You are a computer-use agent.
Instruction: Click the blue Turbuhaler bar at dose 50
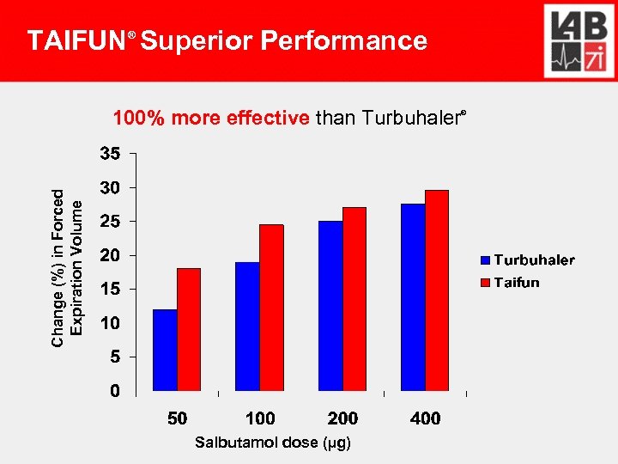point(165,350)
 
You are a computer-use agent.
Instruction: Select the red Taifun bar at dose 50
point(189,330)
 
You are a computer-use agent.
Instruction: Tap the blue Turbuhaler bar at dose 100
point(247,327)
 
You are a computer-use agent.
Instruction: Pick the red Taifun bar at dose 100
point(271,308)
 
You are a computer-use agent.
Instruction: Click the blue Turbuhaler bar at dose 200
point(330,306)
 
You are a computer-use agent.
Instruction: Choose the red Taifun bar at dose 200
point(354,299)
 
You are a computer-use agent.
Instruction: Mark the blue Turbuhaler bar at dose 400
point(413,297)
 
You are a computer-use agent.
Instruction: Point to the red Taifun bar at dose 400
point(437,290)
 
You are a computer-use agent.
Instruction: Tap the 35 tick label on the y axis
point(109,155)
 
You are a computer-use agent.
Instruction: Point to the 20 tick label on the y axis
point(109,255)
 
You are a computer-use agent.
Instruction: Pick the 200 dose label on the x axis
point(342,418)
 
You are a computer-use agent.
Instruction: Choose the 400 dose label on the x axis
point(425,418)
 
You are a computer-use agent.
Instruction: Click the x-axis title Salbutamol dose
point(272,443)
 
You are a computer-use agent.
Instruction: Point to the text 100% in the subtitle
point(140,118)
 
